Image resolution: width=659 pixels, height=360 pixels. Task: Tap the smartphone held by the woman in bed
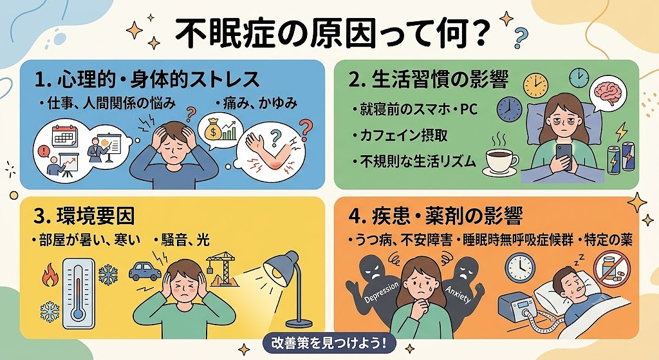564,156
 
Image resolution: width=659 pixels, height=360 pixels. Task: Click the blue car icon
145,270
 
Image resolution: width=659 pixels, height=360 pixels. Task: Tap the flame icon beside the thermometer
50,274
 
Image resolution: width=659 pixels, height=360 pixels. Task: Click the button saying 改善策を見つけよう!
329,344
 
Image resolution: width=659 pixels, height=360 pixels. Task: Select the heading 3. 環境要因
84,216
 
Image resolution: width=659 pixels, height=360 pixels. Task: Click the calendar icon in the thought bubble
64,135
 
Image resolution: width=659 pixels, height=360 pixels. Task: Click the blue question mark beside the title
520,37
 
